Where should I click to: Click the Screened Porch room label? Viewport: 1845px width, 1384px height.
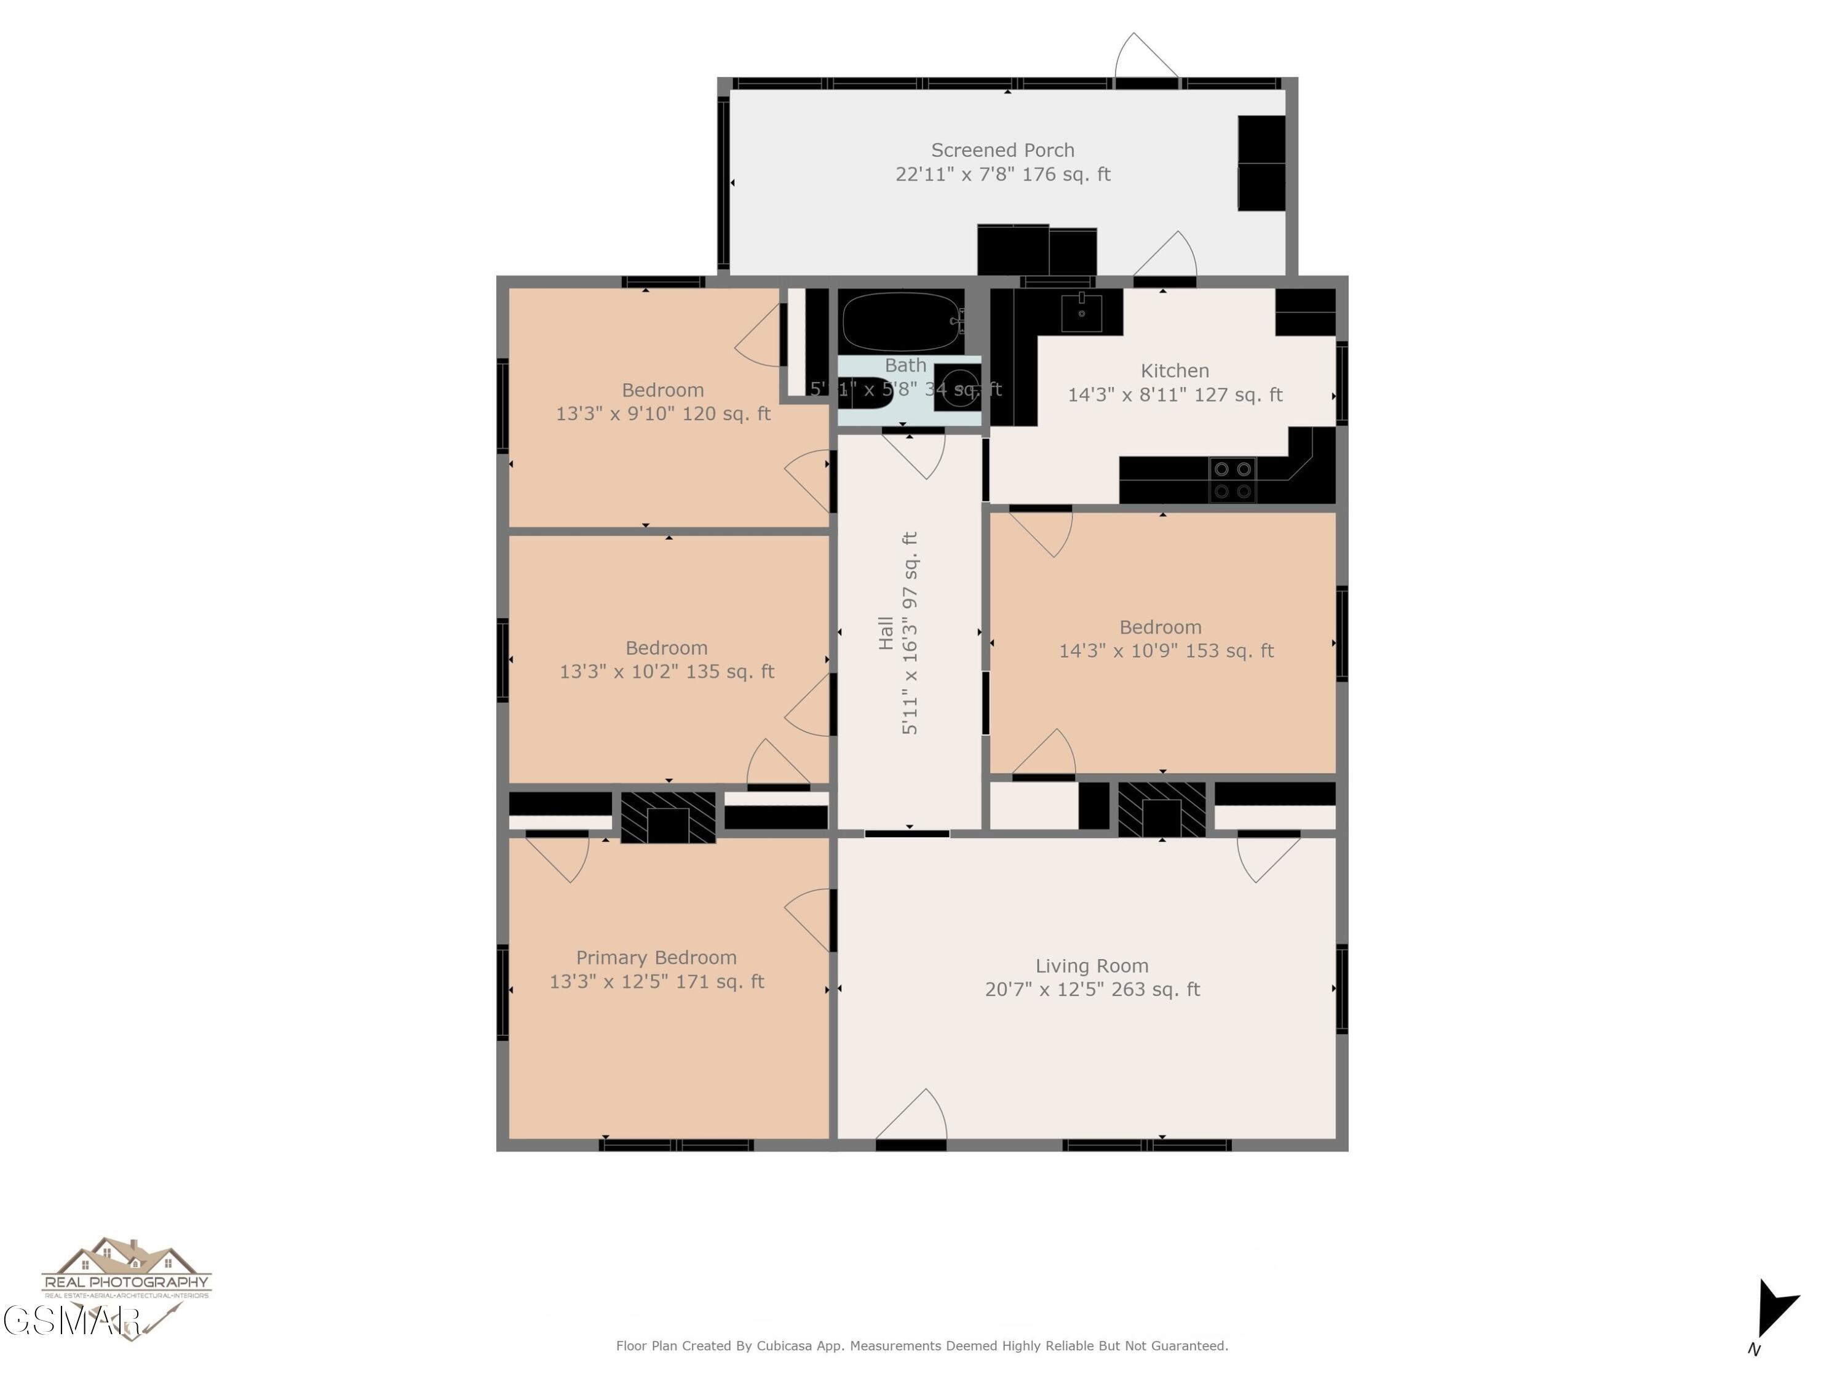1002,151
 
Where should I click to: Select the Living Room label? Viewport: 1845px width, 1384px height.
1092,966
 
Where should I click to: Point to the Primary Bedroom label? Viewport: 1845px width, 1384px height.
656,958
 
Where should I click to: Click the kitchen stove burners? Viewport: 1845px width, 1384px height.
1232,480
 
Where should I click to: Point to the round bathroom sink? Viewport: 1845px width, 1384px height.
957,389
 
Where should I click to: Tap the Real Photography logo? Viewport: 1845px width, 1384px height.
126,1272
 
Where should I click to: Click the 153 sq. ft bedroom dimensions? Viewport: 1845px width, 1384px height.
1166,651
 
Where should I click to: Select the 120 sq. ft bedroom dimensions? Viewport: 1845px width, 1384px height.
663,414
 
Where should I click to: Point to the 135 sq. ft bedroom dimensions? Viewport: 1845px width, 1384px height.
667,672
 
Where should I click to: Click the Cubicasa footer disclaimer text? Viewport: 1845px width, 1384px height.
922,1346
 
